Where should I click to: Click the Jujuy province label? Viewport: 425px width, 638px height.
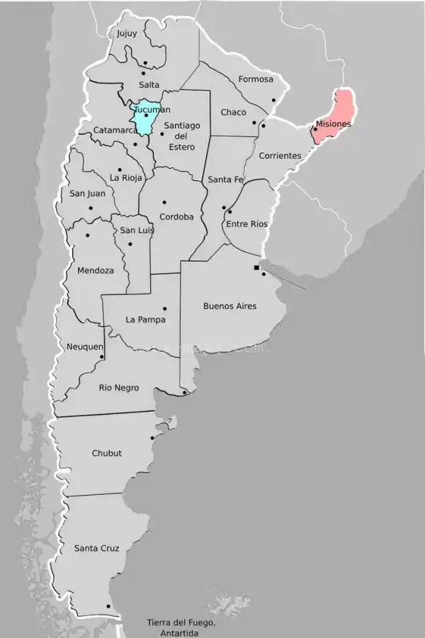127,33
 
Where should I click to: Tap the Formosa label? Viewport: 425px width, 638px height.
256,79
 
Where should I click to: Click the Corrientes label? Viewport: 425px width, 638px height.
280,156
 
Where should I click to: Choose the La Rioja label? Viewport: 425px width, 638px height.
126,178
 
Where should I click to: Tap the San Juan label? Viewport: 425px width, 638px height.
87,193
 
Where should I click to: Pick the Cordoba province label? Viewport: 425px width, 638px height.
176,217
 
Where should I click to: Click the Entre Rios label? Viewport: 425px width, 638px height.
246,224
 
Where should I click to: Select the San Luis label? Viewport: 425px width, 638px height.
137,230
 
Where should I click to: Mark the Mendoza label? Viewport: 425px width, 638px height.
95,271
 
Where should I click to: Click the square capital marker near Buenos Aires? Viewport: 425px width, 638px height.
256,267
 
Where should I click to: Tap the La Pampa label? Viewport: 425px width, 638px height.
145,320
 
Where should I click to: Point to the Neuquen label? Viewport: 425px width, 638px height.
84,347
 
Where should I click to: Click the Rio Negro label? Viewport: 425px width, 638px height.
119,388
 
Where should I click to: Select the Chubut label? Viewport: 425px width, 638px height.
106,453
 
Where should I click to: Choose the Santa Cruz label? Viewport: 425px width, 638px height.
96,548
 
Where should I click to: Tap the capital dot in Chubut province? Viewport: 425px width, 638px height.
152,438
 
